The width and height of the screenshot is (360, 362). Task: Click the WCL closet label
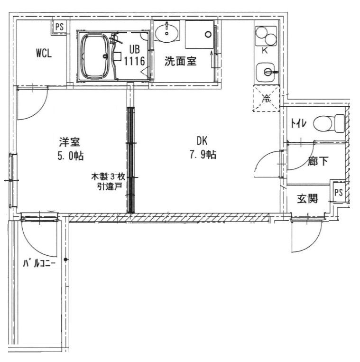coord(44,53)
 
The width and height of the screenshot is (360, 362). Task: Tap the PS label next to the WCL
coord(59,27)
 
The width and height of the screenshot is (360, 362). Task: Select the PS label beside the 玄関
coord(339,192)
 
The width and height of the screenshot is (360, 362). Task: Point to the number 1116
coord(135,61)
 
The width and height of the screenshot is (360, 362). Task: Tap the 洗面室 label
coord(181,61)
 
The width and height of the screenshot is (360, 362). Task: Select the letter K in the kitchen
coord(265,51)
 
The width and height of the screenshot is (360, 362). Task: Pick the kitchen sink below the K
coord(266,72)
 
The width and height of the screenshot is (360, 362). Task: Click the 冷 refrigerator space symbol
coord(266,99)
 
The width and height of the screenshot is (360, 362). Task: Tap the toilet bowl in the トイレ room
coord(329,123)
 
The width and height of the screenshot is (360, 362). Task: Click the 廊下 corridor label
coord(318,161)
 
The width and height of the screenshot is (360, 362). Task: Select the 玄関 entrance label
coord(307,198)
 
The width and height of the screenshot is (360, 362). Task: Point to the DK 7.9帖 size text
coord(203,148)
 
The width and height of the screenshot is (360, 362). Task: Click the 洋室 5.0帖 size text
coord(70,149)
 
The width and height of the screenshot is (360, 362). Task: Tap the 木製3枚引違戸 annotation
coord(109,181)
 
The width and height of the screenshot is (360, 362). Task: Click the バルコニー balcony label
coord(39,263)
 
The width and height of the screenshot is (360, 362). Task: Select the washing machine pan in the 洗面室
coord(199,35)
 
